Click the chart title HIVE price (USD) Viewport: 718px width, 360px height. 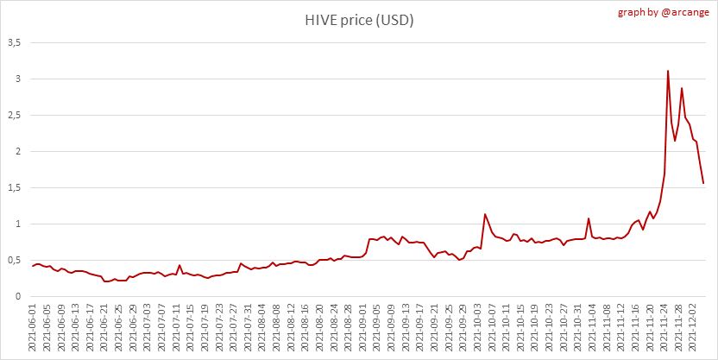click(359, 20)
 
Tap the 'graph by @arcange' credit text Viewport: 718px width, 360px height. click(665, 12)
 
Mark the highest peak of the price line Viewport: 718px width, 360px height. click(668, 71)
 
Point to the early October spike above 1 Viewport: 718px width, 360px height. click(485, 214)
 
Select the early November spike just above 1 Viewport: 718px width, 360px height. click(589, 218)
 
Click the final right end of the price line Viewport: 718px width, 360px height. click(703, 183)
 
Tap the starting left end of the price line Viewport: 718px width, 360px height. click(32, 266)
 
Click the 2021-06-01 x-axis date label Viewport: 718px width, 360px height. click(33, 325)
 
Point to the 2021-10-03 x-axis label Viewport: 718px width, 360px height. click(480, 325)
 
